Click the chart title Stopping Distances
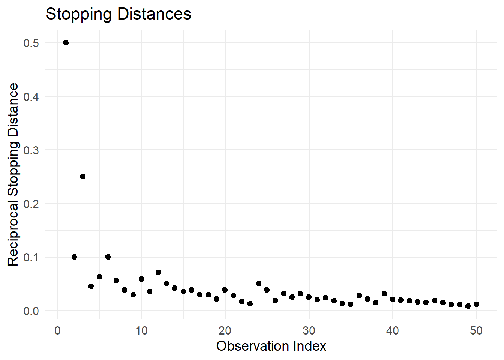[118, 14]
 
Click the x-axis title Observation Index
[271, 346]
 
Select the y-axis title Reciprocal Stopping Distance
[13, 174]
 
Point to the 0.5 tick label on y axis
[31, 43]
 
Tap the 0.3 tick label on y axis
[31, 150]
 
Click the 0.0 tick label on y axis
[31, 311]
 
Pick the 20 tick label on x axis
[225, 330]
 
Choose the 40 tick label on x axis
[393, 330]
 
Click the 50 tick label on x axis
[476, 330]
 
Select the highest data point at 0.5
[66, 43]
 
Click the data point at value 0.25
[83, 177]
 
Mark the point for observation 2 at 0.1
[74, 257]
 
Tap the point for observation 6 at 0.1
[108, 257]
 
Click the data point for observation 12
[158, 272]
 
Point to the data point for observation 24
[259, 283]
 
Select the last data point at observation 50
[476, 304]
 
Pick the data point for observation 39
[384, 294]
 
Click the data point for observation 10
[141, 279]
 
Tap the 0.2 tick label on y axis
[31, 204]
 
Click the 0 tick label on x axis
[58, 330]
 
